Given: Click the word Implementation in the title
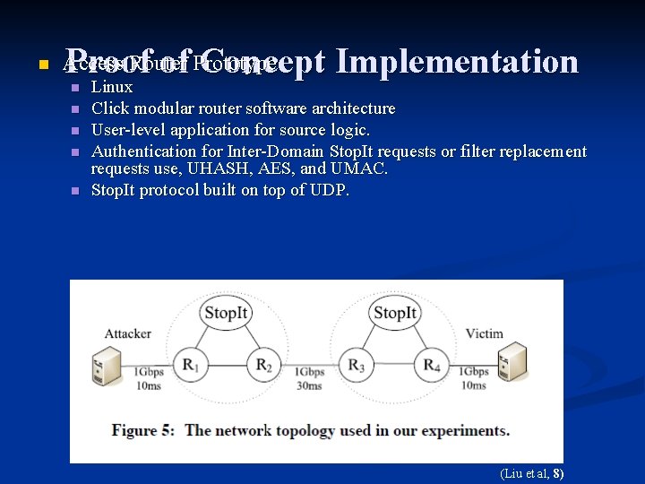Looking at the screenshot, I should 459,61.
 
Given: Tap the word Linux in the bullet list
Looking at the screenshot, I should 112,87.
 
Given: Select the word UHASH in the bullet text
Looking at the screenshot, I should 212,169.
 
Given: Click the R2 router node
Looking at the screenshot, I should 264,365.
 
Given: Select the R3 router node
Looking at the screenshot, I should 357,365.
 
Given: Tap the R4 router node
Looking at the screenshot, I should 432,365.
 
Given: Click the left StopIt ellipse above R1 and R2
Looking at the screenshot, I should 226,314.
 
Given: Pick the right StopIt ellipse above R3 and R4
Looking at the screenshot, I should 394,314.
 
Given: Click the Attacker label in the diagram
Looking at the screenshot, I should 128,333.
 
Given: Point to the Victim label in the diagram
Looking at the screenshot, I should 484,333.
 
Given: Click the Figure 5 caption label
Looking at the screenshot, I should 143,430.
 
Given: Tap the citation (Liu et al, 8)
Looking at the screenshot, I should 531,473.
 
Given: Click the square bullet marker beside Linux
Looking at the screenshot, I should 75,88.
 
